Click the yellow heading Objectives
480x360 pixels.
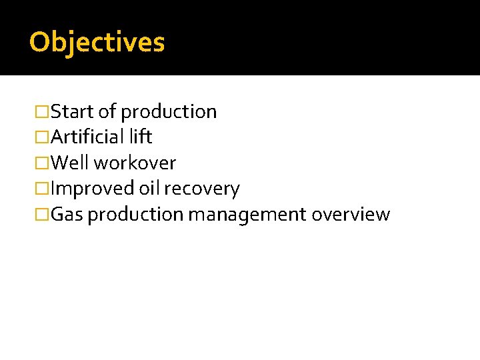point(97,42)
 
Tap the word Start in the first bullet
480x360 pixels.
point(73,111)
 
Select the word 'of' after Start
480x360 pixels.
point(107,111)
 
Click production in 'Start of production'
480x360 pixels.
point(169,112)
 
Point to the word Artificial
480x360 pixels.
point(87,137)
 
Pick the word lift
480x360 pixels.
point(141,137)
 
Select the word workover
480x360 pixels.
point(135,163)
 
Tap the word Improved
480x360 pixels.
point(93,189)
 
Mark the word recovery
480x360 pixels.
point(201,189)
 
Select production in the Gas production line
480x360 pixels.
point(136,215)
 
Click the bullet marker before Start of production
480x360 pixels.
point(43,112)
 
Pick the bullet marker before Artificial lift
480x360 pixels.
point(43,137)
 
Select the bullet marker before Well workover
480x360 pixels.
point(43,163)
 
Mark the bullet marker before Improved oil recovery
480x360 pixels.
point(43,189)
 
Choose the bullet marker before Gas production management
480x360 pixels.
point(43,215)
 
